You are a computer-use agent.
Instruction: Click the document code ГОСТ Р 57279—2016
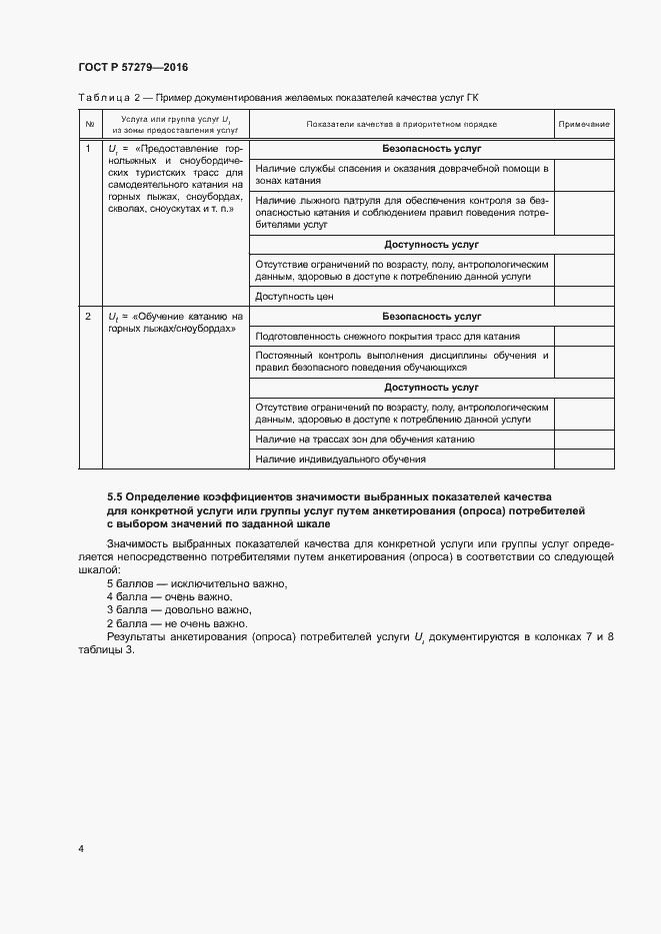132,67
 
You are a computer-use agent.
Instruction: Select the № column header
90,124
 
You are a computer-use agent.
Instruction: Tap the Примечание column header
584,124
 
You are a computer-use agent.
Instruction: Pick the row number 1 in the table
89,149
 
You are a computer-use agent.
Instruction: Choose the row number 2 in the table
89,317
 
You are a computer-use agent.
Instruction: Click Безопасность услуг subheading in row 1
431,148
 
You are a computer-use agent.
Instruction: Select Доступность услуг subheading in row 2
431,387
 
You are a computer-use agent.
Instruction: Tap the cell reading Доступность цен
294,296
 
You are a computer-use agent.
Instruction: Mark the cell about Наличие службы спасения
401,175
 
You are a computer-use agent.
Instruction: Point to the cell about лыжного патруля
401,213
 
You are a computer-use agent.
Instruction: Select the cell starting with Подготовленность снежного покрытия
388,336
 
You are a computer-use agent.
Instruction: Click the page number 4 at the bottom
81,848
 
